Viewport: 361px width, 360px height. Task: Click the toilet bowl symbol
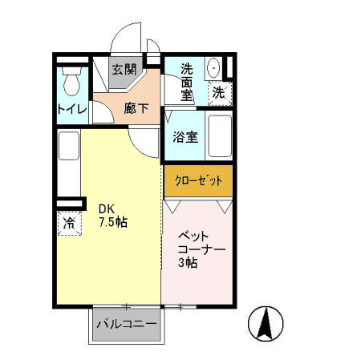tap(71, 81)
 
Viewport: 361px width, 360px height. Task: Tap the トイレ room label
tap(72, 109)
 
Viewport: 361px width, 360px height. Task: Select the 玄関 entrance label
tap(124, 70)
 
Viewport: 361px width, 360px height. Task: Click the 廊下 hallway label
tap(136, 108)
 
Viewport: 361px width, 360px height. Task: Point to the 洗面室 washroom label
tap(187, 82)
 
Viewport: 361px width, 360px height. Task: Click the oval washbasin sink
tap(214, 68)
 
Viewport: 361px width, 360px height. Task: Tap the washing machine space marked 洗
tap(220, 93)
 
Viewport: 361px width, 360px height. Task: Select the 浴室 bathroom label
tap(185, 137)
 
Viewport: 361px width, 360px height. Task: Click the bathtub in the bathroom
tap(220, 136)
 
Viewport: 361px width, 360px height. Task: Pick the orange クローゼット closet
tap(198, 181)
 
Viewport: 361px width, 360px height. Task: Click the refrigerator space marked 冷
tap(70, 223)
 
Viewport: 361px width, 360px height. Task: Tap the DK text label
tap(107, 208)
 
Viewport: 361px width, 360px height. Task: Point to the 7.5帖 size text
tap(113, 222)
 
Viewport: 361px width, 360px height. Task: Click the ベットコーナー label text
tap(201, 243)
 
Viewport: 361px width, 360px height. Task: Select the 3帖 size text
tap(188, 263)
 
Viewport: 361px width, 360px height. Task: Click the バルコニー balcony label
tap(127, 324)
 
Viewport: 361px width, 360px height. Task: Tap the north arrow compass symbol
tap(266, 324)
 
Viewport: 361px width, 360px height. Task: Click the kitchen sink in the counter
tap(69, 146)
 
